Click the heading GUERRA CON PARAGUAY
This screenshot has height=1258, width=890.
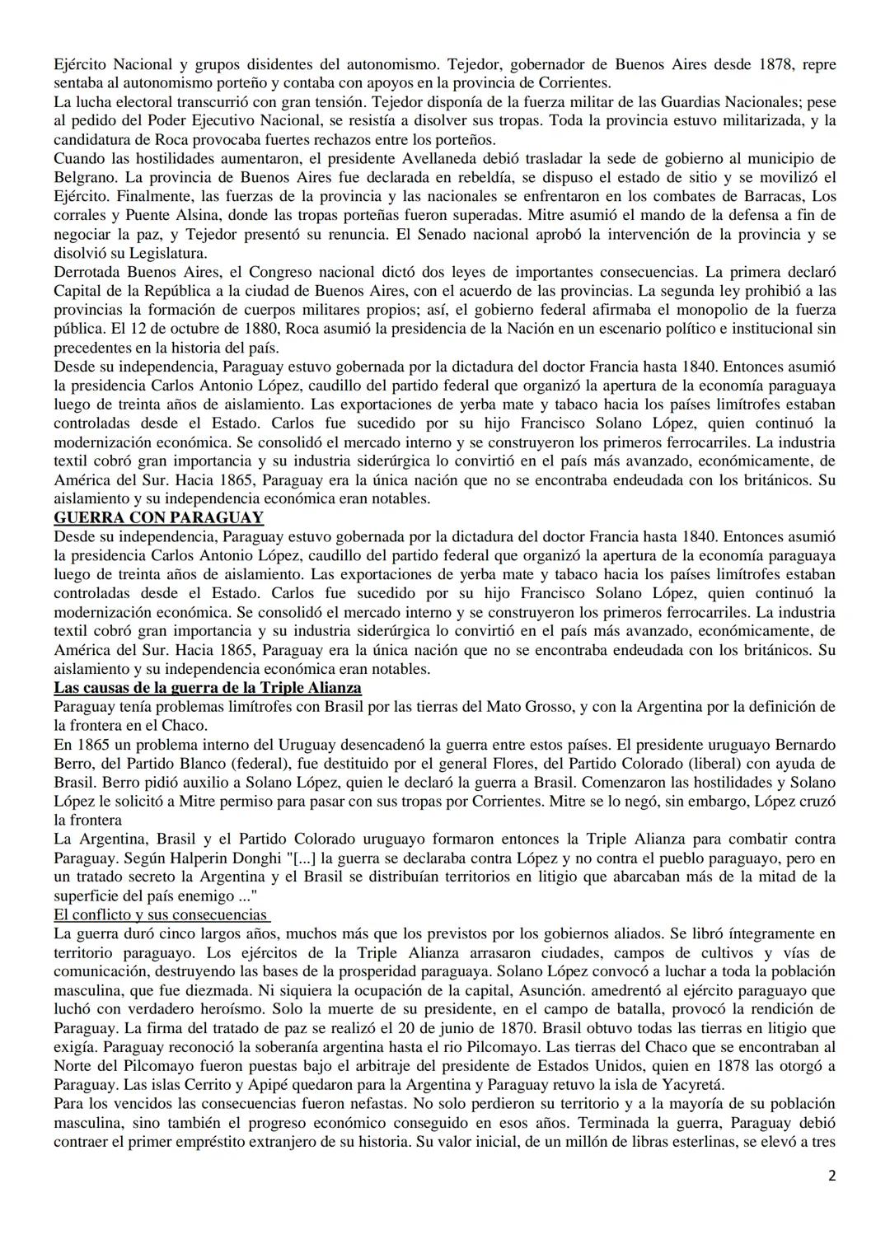tap(158, 518)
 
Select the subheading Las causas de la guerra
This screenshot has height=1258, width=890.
tap(208, 688)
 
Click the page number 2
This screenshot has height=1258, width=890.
tap(831, 1176)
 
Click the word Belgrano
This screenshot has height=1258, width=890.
tap(85, 177)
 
